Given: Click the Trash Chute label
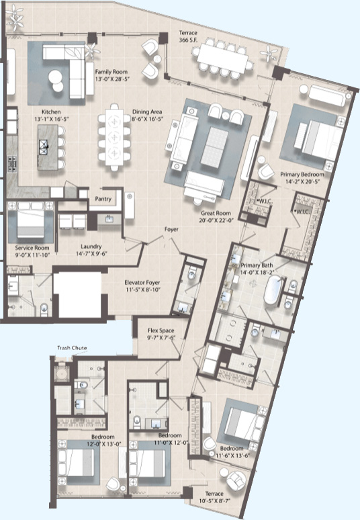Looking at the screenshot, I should pyautogui.click(x=70, y=348).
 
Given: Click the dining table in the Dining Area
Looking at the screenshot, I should pyautogui.click(x=113, y=141).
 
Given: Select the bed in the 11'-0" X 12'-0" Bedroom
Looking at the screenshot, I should pyautogui.click(x=152, y=465).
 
